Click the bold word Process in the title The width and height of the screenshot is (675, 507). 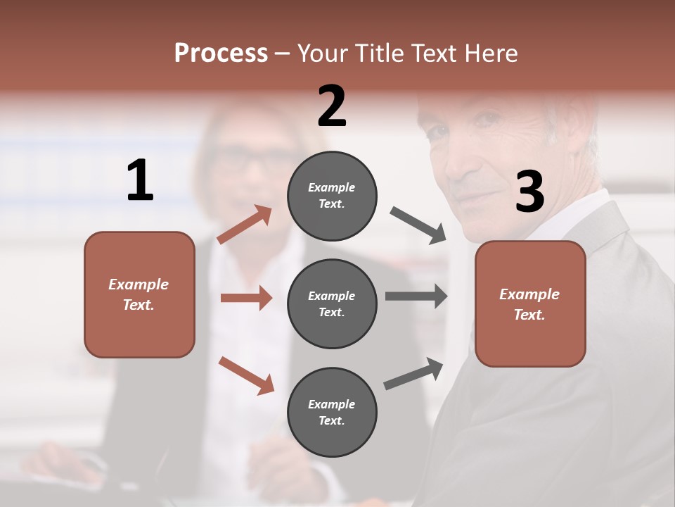221,54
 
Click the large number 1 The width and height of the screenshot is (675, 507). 140,180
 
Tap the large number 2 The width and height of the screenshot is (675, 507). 332,106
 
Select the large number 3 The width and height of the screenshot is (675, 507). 529,192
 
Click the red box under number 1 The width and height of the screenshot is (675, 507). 139,294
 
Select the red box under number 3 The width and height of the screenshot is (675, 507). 530,303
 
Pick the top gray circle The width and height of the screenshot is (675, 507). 332,196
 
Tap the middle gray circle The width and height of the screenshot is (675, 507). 332,303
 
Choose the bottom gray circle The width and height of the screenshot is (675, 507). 332,412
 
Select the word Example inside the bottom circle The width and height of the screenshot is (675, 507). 331,404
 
